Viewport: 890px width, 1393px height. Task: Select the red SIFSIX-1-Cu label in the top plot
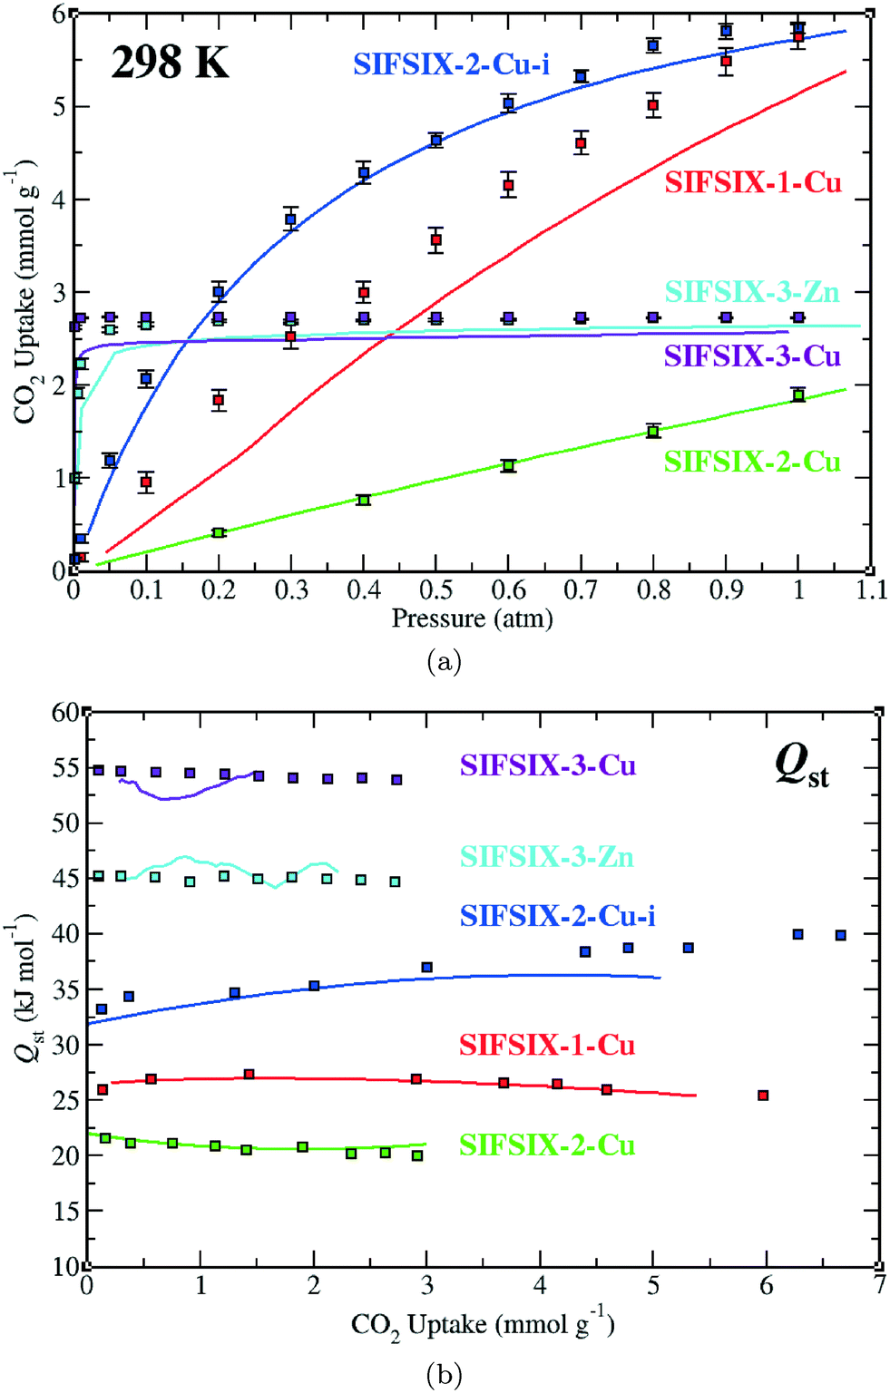(x=753, y=182)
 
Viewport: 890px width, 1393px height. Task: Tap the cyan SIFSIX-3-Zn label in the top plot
(x=752, y=292)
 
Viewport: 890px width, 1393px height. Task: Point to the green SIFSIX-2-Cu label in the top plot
(x=752, y=462)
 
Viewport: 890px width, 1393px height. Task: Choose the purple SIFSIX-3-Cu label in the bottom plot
(x=547, y=765)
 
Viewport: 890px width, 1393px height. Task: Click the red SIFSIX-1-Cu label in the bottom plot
(x=547, y=1045)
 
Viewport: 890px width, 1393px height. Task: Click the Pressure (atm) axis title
(x=472, y=619)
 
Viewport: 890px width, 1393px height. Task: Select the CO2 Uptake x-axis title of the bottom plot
(x=483, y=1325)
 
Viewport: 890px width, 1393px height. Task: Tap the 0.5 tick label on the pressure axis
(x=436, y=590)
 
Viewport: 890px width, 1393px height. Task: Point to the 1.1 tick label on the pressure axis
(x=871, y=590)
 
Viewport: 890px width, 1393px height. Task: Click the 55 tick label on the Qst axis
(x=65, y=768)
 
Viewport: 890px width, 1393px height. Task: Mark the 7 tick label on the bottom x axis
(x=879, y=1285)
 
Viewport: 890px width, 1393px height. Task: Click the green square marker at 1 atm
(x=798, y=395)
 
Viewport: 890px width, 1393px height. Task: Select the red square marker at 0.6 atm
(x=509, y=186)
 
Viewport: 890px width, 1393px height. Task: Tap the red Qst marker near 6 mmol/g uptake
(x=763, y=1096)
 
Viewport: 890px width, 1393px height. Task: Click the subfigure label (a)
(x=444, y=662)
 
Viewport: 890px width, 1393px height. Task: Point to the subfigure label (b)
(x=444, y=1376)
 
